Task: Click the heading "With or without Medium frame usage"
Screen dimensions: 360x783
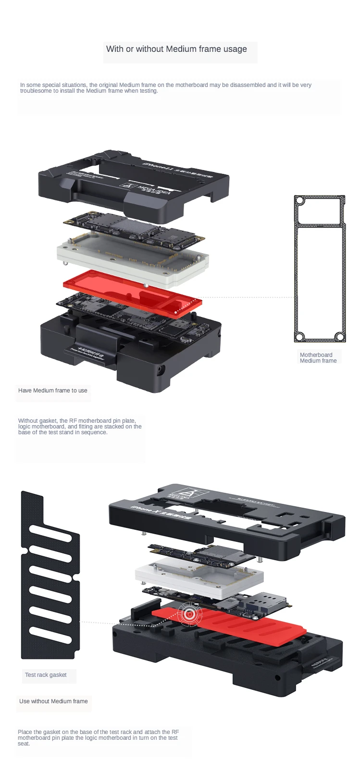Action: pos(176,49)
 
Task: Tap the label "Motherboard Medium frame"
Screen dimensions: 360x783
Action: pos(318,358)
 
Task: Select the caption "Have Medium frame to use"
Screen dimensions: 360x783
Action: pos(53,391)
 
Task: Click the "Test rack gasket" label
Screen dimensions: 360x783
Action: pos(46,675)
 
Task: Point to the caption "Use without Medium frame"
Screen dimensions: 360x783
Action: pos(53,701)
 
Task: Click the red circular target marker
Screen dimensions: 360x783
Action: pos(190,614)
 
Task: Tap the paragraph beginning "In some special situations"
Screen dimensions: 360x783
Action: pos(165,87)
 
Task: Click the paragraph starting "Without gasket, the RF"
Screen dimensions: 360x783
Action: pos(80,427)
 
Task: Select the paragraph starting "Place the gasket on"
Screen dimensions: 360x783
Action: pos(98,737)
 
